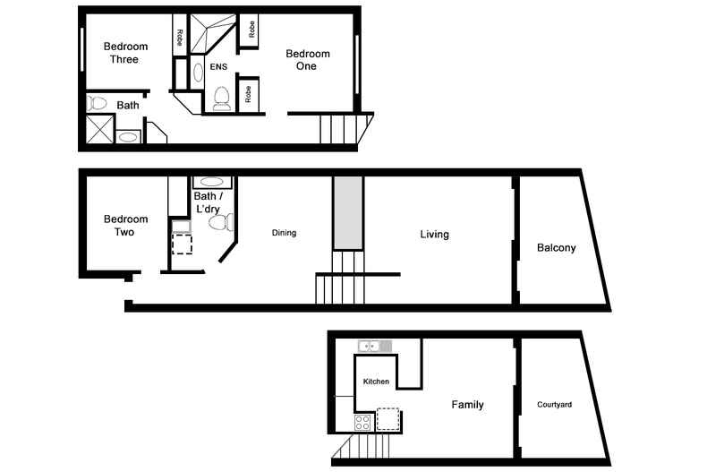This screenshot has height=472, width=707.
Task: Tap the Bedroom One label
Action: click(307, 60)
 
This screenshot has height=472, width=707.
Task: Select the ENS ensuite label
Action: click(218, 67)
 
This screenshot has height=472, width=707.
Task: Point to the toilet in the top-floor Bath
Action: click(98, 104)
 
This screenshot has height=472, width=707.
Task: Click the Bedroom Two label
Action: click(124, 226)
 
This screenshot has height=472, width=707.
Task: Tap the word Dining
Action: click(284, 233)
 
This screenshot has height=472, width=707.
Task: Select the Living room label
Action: click(435, 235)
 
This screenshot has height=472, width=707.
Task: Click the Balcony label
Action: click(556, 248)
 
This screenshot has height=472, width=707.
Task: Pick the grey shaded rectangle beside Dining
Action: click(347, 212)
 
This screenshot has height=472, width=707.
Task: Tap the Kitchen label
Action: click(376, 382)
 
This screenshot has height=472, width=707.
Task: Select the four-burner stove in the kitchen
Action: click(363, 421)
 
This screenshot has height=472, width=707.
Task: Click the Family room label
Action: click(467, 405)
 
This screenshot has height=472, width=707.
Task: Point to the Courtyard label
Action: click(554, 405)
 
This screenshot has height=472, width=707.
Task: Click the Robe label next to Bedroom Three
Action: click(180, 38)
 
